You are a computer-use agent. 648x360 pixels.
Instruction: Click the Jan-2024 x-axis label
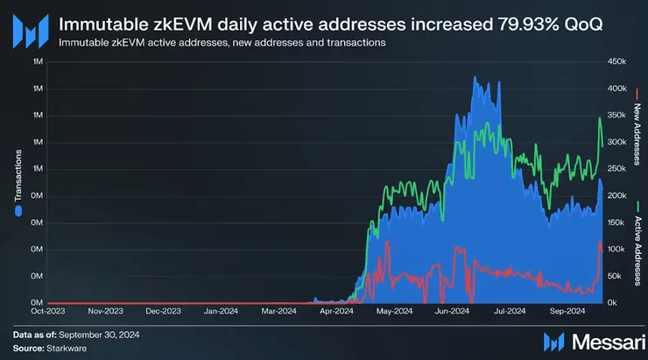pos(221,310)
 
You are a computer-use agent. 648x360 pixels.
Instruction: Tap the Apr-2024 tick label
pos(336,310)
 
